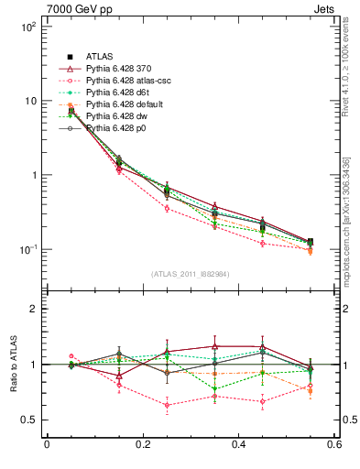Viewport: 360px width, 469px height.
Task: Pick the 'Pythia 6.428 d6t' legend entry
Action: click(120, 93)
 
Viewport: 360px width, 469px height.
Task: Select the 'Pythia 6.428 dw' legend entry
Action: click(119, 116)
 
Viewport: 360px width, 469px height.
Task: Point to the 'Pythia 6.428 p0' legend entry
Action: click(119, 128)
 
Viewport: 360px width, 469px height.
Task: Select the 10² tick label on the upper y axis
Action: click(27, 27)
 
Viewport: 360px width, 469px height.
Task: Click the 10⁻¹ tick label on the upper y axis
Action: click(27, 249)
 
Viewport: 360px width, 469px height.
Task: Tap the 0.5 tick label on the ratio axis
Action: click(28, 420)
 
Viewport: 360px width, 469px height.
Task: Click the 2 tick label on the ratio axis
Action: click(33, 309)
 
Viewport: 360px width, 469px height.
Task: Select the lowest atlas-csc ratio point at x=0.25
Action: click(167, 405)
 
